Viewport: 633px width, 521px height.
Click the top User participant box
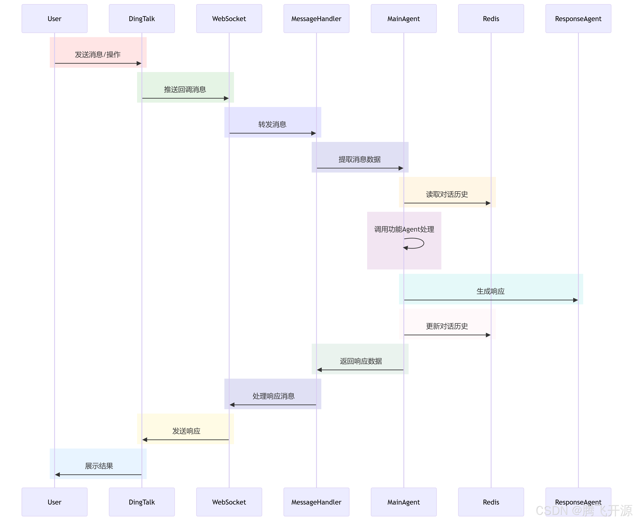(x=54, y=19)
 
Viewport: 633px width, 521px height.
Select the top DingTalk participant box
(x=142, y=19)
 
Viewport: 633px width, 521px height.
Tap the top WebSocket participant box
(x=229, y=19)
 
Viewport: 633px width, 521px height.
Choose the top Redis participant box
(x=491, y=19)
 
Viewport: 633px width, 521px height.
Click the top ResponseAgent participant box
(x=578, y=19)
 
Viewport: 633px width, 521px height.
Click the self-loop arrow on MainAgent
(x=420, y=243)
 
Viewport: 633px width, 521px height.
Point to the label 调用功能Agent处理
(x=404, y=229)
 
